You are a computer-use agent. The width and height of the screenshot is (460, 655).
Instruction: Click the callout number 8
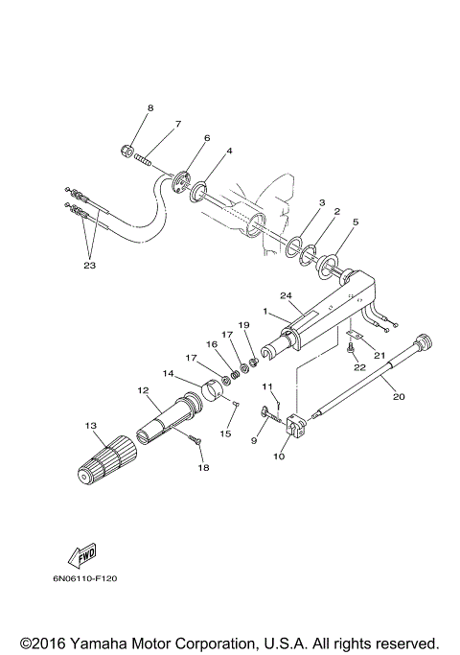pyautogui.click(x=149, y=108)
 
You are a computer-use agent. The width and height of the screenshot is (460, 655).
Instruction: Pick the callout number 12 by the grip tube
pyautogui.click(x=144, y=390)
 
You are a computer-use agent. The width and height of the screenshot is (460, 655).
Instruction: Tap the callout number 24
pyautogui.click(x=286, y=295)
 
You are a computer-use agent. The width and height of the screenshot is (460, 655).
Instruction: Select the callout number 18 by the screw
pyautogui.click(x=201, y=467)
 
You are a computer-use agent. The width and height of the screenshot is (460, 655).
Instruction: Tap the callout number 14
pyautogui.click(x=169, y=373)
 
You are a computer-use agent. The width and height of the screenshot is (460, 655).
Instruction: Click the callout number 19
pyautogui.click(x=243, y=325)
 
